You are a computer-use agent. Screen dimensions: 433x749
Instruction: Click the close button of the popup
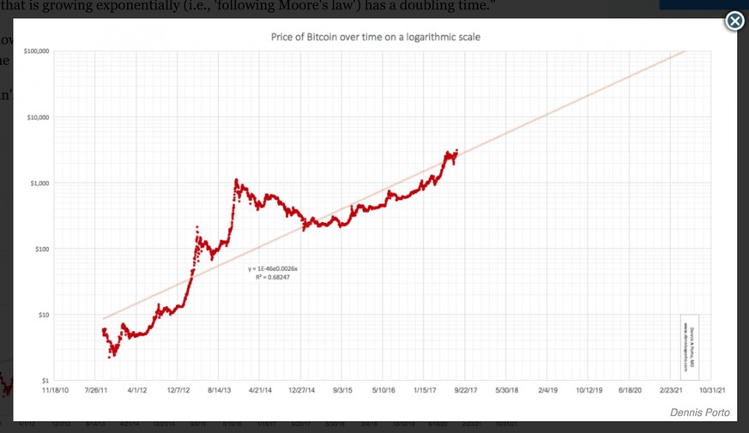click(x=734, y=21)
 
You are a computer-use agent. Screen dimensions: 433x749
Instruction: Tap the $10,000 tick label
click(x=34, y=117)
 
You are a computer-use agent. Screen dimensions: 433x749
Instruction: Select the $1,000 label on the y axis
click(x=36, y=183)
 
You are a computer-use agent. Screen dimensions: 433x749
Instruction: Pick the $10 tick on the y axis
click(x=39, y=316)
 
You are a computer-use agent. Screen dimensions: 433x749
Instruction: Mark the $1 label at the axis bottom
click(x=41, y=380)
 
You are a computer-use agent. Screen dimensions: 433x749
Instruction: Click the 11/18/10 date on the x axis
click(x=56, y=389)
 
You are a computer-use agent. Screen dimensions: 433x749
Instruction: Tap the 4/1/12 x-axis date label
click(x=137, y=389)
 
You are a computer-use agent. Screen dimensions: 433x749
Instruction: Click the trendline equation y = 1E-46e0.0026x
click(x=273, y=269)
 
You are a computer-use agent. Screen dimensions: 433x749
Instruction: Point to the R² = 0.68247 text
click(x=273, y=278)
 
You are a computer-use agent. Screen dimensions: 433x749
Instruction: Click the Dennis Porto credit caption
click(x=699, y=412)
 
